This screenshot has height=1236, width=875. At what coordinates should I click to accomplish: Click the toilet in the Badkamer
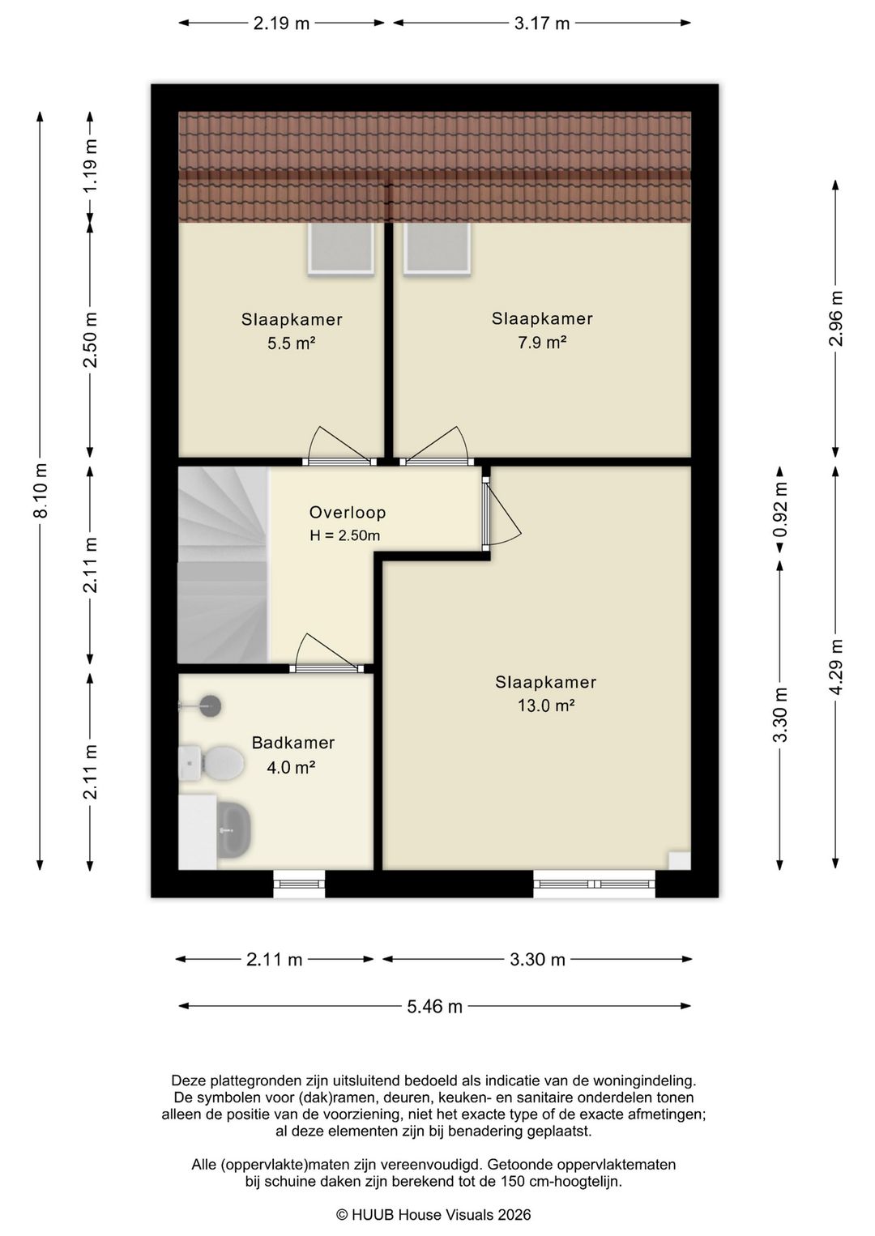click(211, 764)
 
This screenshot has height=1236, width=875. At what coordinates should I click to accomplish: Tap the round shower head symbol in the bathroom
click(211, 705)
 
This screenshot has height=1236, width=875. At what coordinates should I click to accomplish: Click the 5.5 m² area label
click(292, 343)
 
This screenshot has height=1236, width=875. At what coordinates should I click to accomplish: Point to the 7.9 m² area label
click(542, 343)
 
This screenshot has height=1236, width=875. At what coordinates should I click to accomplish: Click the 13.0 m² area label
click(546, 705)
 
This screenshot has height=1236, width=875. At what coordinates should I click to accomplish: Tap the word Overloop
click(348, 513)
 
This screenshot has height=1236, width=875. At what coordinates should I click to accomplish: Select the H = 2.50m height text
click(345, 535)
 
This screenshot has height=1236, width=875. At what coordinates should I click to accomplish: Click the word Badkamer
click(293, 743)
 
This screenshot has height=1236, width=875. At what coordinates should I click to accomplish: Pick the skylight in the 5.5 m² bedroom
click(340, 248)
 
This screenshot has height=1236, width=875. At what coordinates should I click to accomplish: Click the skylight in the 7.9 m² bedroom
click(437, 248)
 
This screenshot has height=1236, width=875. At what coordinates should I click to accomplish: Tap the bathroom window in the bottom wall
click(299, 884)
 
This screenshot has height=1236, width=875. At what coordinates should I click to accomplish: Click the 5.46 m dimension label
click(435, 1006)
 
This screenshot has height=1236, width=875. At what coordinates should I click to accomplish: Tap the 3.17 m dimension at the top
click(542, 23)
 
